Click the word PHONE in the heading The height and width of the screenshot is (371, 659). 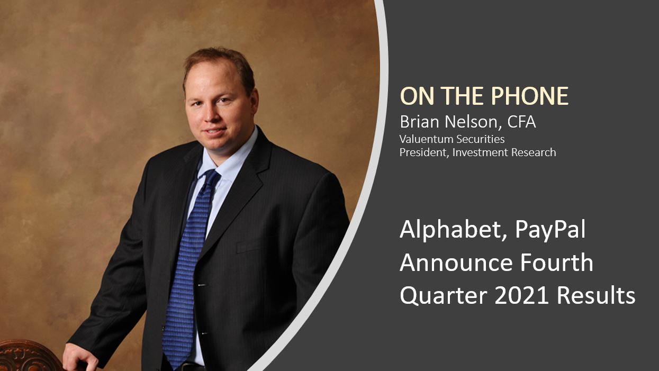click(x=530, y=96)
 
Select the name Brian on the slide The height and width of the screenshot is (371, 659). click(x=420, y=122)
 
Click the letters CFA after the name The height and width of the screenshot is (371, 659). click(x=521, y=122)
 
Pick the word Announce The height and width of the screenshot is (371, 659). click(x=455, y=263)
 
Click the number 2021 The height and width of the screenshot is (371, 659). click(x=521, y=296)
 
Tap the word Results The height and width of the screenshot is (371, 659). click(x=597, y=295)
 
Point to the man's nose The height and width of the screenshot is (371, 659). click(x=212, y=113)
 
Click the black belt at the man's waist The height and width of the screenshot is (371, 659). click(x=191, y=367)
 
